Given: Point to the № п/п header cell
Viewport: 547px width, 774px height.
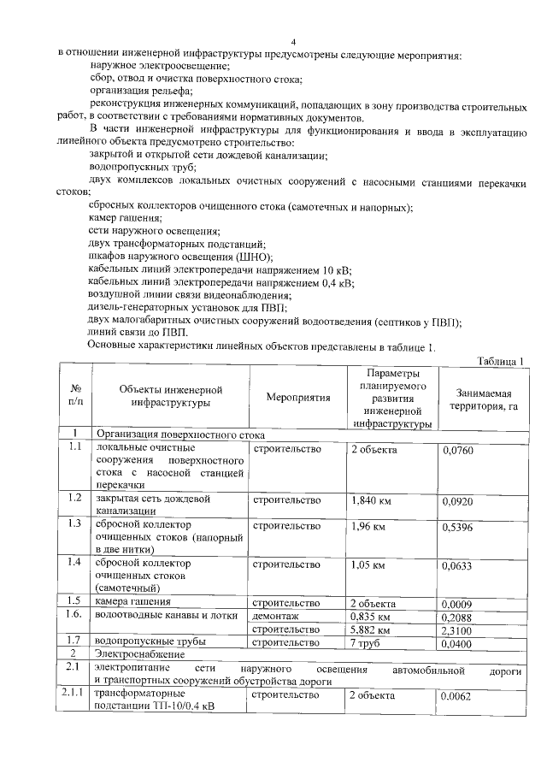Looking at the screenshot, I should pos(74,399).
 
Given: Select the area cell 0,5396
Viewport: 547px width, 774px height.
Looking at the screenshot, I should pos(459,528).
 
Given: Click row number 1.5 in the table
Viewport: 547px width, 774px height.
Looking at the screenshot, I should pos(74,602).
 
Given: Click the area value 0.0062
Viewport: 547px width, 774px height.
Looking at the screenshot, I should pos(457,697).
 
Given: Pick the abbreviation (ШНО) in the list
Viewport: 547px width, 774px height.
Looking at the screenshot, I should pos(253,257).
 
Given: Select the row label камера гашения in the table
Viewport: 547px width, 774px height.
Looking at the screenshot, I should pos(132,602).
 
